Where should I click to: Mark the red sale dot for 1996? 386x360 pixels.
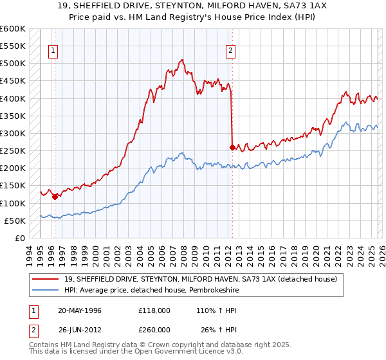tap(55, 197)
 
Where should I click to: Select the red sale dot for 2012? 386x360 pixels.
tap(232, 147)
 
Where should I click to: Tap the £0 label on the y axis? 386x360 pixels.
tap(20, 238)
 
